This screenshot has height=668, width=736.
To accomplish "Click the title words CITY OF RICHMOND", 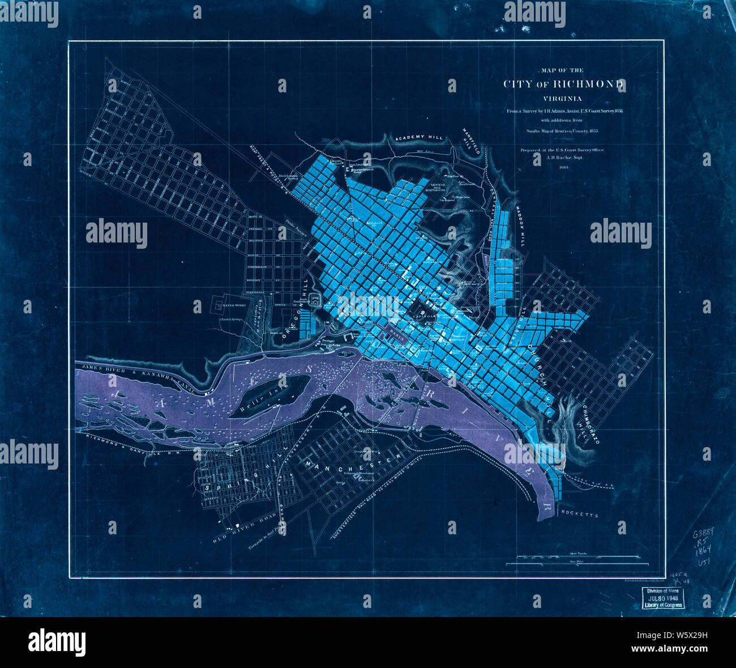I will coord(564,84).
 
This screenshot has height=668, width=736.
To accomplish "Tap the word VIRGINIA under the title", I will coord(564,99).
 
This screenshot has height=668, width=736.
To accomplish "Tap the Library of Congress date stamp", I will coord(663,598).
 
